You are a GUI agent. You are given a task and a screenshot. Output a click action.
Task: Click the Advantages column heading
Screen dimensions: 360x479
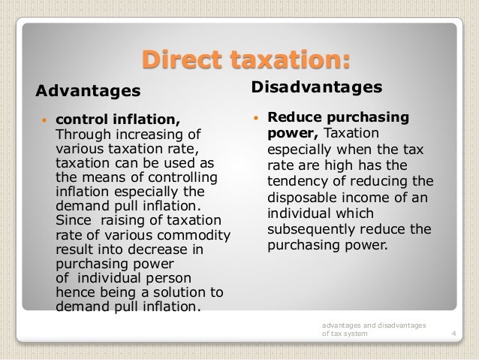click(89, 92)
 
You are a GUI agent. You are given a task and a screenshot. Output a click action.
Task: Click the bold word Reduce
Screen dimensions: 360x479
click(293, 118)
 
